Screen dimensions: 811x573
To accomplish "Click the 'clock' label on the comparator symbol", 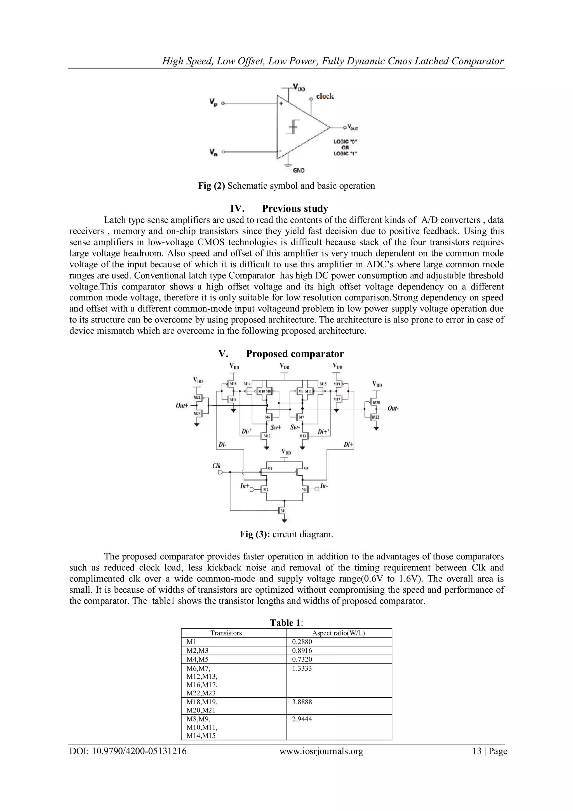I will point(325,96).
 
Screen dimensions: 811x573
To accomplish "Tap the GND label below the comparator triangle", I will point(299,170).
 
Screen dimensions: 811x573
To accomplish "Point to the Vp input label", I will point(213,103).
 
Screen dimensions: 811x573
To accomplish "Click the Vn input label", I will point(213,152).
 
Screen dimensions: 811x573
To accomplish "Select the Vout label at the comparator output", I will point(353,127).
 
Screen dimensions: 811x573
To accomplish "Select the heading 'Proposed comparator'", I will point(295,354).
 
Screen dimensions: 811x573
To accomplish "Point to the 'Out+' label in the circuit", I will point(182,405).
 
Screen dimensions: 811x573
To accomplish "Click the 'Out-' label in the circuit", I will point(393,408).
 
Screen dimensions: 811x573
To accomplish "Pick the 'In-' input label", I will point(324,486).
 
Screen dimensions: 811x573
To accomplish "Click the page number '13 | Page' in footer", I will point(489,751).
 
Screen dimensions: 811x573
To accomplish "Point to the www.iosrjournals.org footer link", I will point(321,751).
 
